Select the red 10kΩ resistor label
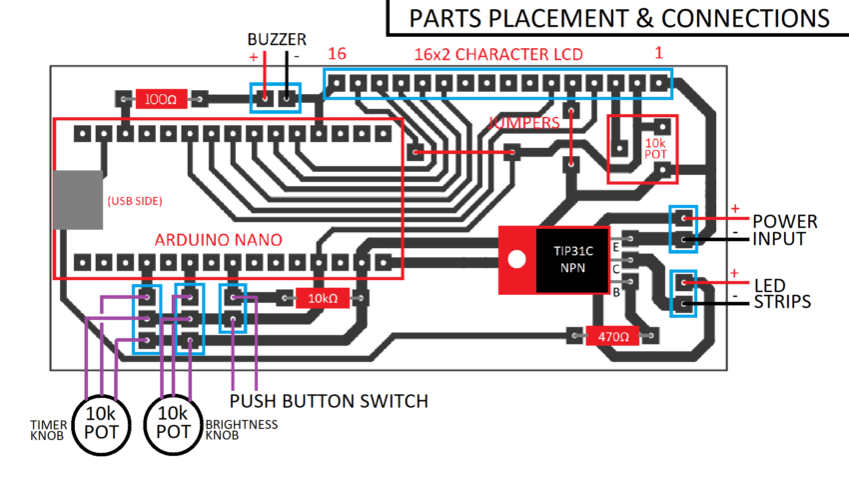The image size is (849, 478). pos(322,298)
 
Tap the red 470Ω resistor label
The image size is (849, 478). pos(612,336)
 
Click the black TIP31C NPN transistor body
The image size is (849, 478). pos(570,258)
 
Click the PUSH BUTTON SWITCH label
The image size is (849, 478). pos(329,401)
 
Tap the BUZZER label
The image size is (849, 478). pos(277,38)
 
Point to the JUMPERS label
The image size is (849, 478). pos(525,122)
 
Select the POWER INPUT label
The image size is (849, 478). pos(785,230)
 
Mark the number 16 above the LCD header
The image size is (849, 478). pos(337,53)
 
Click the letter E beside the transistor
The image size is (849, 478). pos(616,246)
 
